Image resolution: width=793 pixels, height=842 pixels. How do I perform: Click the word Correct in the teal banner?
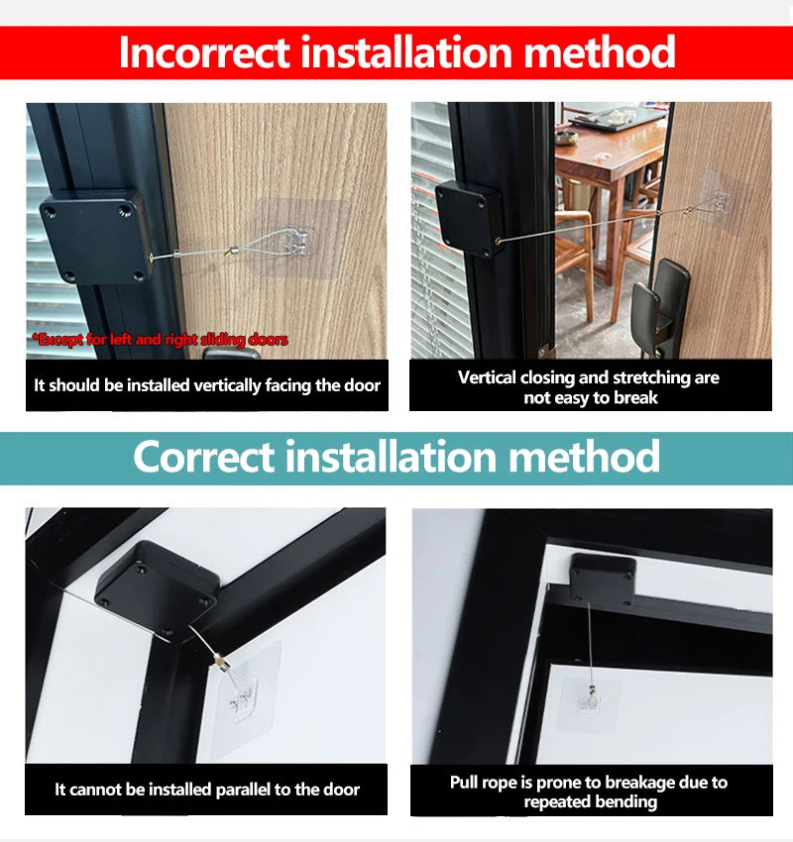click(x=203, y=457)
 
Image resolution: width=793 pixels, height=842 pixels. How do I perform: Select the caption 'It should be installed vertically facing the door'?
click(x=207, y=385)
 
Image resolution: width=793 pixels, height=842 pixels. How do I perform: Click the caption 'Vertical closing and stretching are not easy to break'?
click(x=589, y=387)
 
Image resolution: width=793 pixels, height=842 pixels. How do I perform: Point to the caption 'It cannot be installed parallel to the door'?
click(x=207, y=789)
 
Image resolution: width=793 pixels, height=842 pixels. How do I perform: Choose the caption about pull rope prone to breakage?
click(x=589, y=791)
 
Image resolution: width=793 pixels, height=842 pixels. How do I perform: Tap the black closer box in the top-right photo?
click(x=471, y=218)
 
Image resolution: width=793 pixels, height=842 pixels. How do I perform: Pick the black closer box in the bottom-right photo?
click(x=602, y=579)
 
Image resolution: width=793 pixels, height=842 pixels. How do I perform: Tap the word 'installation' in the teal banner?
click(x=396, y=457)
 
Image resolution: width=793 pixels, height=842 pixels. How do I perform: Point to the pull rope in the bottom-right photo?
click(x=592, y=644)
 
